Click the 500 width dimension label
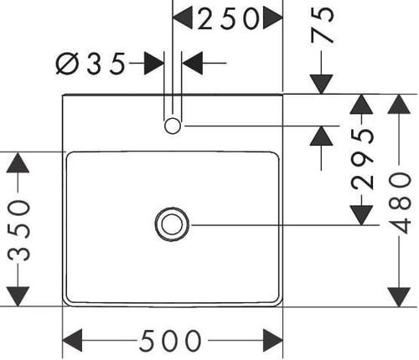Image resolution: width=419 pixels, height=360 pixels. [x=170, y=341]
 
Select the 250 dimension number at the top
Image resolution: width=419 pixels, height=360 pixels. [x=228, y=18]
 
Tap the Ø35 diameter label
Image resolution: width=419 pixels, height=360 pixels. [x=91, y=64]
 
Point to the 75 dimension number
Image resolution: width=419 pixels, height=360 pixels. [x=322, y=25]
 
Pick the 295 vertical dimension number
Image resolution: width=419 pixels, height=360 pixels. [x=362, y=159]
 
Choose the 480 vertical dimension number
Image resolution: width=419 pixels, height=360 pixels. [x=400, y=203]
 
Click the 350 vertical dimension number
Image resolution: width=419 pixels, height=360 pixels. [x=18, y=230]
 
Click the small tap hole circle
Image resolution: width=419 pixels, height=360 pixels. [x=173, y=126]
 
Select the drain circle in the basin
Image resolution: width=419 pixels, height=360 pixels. [x=172, y=224]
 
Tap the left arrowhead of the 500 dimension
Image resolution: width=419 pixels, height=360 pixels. [x=72, y=341]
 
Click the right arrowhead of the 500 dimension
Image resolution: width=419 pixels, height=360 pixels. [x=273, y=341]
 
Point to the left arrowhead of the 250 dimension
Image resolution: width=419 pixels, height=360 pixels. [x=183, y=18]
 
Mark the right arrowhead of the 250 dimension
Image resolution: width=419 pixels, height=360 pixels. [x=273, y=18]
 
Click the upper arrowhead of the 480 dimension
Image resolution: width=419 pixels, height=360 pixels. [x=400, y=104]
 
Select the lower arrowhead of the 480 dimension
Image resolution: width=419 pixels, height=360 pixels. [x=400, y=297]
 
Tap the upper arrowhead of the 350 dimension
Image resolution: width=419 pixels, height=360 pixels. [x=18, y=162]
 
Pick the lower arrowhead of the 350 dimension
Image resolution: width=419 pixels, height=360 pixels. [x=18, y=296]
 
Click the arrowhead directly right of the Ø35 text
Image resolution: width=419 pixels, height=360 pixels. [x=154, y=63]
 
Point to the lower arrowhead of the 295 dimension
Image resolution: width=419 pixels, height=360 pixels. [x=362, y=215]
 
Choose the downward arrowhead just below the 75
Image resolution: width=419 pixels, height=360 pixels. [x=321, y=85]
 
